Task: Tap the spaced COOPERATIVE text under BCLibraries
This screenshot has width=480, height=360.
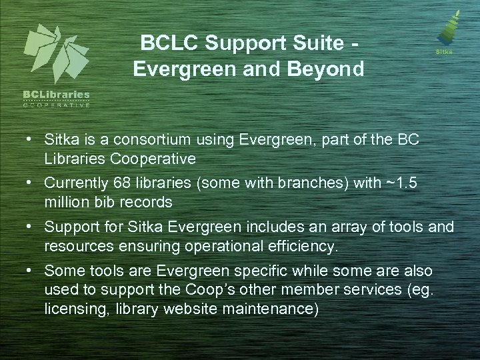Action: tap(56, 105)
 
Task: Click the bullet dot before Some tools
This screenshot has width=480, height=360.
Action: tap(31, 271)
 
